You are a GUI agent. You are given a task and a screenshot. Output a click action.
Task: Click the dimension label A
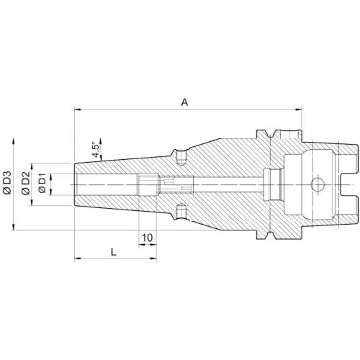coord(184,102)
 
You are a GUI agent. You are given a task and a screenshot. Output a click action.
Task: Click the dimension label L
coord(114,252)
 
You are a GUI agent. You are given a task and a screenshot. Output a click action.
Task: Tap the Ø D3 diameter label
coord(7,182)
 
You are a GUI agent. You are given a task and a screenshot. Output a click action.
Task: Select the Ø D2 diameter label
coord(25,182)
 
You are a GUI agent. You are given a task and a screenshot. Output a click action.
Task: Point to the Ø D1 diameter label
coord(42,183)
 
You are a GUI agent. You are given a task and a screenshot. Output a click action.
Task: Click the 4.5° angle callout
coord(96,150)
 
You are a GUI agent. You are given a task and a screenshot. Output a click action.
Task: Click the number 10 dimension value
coord(147,238)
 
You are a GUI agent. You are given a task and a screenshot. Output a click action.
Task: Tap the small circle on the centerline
coord(318,184)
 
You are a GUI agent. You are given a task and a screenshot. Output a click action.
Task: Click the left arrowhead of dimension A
coord(78,109)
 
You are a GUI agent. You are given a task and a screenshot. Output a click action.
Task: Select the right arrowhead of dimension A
coord(298,109)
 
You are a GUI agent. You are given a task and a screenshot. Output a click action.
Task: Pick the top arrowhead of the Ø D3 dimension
coord(14,142)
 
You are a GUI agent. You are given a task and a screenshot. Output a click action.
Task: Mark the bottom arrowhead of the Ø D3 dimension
coord(14,226)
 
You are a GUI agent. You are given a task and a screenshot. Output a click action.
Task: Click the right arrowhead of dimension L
coord(153,258)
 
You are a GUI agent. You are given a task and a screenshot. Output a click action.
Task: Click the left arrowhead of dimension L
coord(78,258)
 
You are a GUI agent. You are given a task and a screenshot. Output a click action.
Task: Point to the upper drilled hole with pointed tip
coord(181,158)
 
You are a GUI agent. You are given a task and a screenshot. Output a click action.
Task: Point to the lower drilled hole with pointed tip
coord(181,211)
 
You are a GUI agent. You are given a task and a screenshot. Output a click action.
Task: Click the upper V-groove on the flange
coord(270,133)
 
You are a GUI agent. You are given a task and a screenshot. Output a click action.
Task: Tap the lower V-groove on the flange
coord(270,235)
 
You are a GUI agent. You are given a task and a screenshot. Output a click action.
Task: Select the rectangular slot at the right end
coord(350,184)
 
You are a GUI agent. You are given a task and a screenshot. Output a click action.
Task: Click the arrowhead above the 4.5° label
coord(101,142)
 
